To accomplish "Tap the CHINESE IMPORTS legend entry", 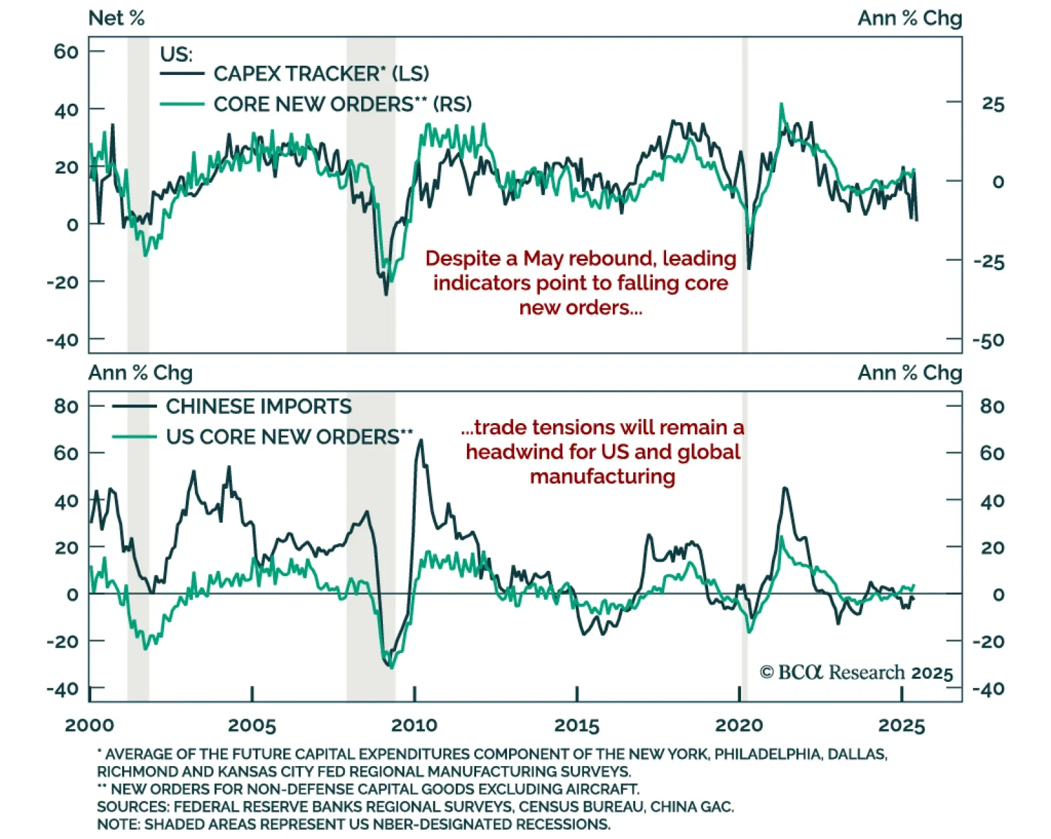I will [x=258, y=407].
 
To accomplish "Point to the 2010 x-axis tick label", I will [x=414, y=725].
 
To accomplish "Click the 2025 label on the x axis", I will [x=901, y=725].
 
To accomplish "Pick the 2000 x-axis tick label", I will [x=89, y=725].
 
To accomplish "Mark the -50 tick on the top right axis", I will [x=989, y=340].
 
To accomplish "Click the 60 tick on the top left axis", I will [x=66, y=51].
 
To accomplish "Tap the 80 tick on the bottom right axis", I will [x=992, y=407].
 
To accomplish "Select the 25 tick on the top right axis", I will [x=993, y=104].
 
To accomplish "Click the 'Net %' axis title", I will [x=116, y=18].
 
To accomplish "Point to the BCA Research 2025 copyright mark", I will [x=856, y=673].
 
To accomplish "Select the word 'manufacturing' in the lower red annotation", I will [x=602, y=476].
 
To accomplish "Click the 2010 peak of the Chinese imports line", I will [x=420, y=441].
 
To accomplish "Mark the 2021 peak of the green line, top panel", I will [x=781, y=104].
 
